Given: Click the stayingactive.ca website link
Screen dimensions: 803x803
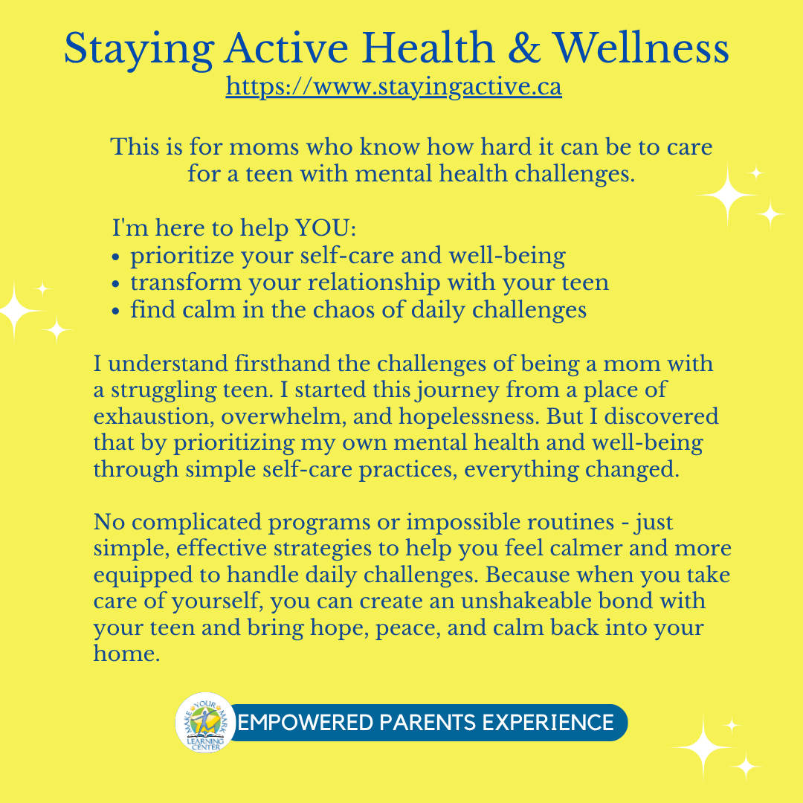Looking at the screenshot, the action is pos(394,86).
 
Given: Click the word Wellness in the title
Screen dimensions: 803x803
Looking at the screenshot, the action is pos(641,48).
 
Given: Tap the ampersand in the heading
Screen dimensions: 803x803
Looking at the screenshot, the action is pos(523,48).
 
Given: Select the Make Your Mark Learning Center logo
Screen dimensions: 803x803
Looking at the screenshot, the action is pos(205,722).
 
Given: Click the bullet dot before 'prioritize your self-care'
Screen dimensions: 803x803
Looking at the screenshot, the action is pos(116,257).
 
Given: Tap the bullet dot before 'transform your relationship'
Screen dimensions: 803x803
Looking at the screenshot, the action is pos(116,284).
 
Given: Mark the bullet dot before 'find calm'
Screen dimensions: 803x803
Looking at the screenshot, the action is pos(116,311).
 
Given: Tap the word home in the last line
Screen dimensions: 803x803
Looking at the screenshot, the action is pos(126,653).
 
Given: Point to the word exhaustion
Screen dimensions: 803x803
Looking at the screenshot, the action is pos(154,416).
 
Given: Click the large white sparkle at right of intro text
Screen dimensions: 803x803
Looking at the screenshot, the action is pos(728,195).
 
